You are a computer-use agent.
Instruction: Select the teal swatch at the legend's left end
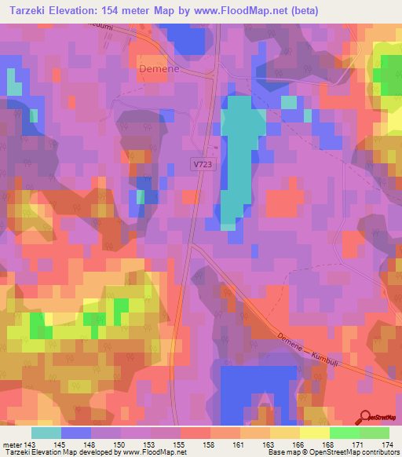coord(46,433)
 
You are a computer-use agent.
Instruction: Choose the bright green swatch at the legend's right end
coord(374,433)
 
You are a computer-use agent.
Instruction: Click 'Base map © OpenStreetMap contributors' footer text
coord(332,453)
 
